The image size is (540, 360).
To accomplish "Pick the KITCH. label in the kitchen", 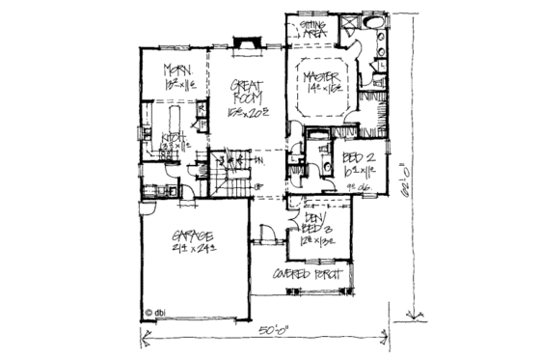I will click(x=174, y=137).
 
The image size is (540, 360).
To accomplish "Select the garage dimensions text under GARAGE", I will click(x=196, y=250).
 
